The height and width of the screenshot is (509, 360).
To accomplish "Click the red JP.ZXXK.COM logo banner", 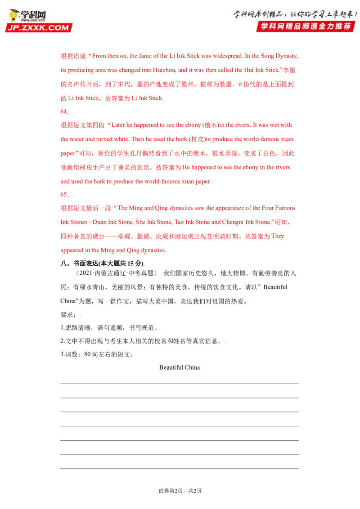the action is pyautogui.click(x=39, y=27).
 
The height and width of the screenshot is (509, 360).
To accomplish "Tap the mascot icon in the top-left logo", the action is pyautogui.click(x=14, y=16).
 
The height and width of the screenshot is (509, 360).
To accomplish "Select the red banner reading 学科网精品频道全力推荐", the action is pyautogui.click(x=306, y=26).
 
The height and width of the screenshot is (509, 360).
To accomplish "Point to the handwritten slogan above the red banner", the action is pyautogui.click(x=295, y=14).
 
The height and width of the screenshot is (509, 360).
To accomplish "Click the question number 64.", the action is pyautogui.click(x=64, y=112).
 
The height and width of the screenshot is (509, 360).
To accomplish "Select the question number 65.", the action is pyautogui.click(x=64, y=194).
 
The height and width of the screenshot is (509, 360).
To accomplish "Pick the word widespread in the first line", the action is pyautogui.click(x=227, y=56).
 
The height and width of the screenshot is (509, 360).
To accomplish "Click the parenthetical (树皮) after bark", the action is pyautogui.click(x=197, y=139).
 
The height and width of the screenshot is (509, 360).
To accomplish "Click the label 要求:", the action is pyautogui.click(x=68, y=315).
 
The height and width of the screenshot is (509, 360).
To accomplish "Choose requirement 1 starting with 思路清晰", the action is pyautogui.click(x=109, y=328).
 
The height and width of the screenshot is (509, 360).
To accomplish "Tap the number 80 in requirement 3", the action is pyautogui.click(x=87, y=354).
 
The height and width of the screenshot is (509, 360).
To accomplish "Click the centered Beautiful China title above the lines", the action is pyautogui.click(x=180, y=367).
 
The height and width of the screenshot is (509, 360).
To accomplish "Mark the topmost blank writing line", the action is pyautogui.click(x=180, y=384).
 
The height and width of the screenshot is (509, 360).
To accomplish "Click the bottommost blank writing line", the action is pyautogui.click(x=180, y=469).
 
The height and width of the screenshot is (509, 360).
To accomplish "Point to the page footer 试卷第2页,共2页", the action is pyautogui.click(x=180, y=491).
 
